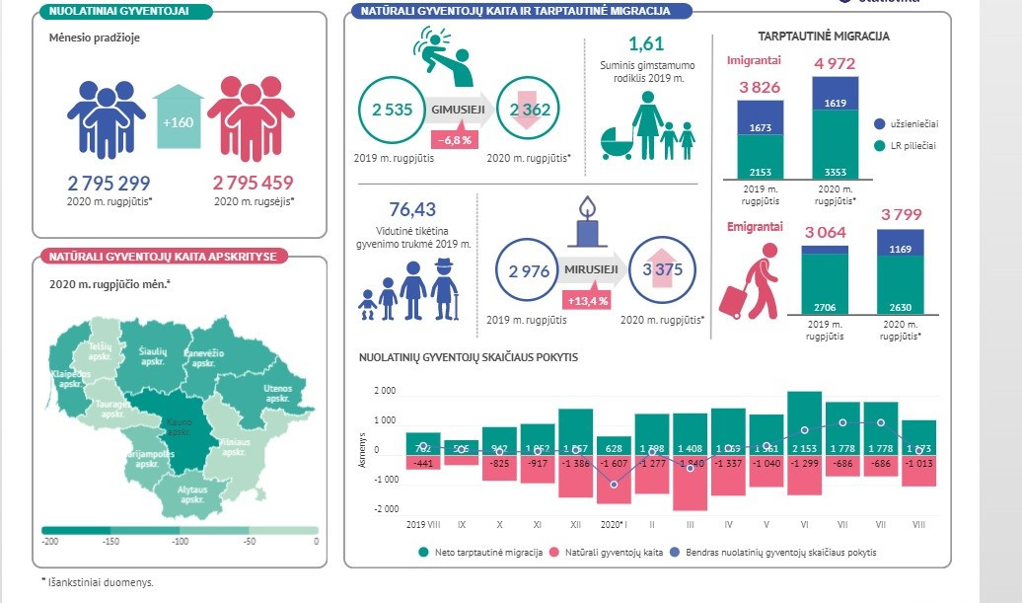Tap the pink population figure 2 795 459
click(253, 184)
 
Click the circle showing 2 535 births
click(392, 110)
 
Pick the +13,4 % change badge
click(586, 299)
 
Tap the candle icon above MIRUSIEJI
click(590, 221)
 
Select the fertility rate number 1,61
click(646, 43)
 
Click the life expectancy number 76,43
click(412, 209)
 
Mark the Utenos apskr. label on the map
click(277, 395)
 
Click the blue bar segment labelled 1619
click(835, 102)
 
